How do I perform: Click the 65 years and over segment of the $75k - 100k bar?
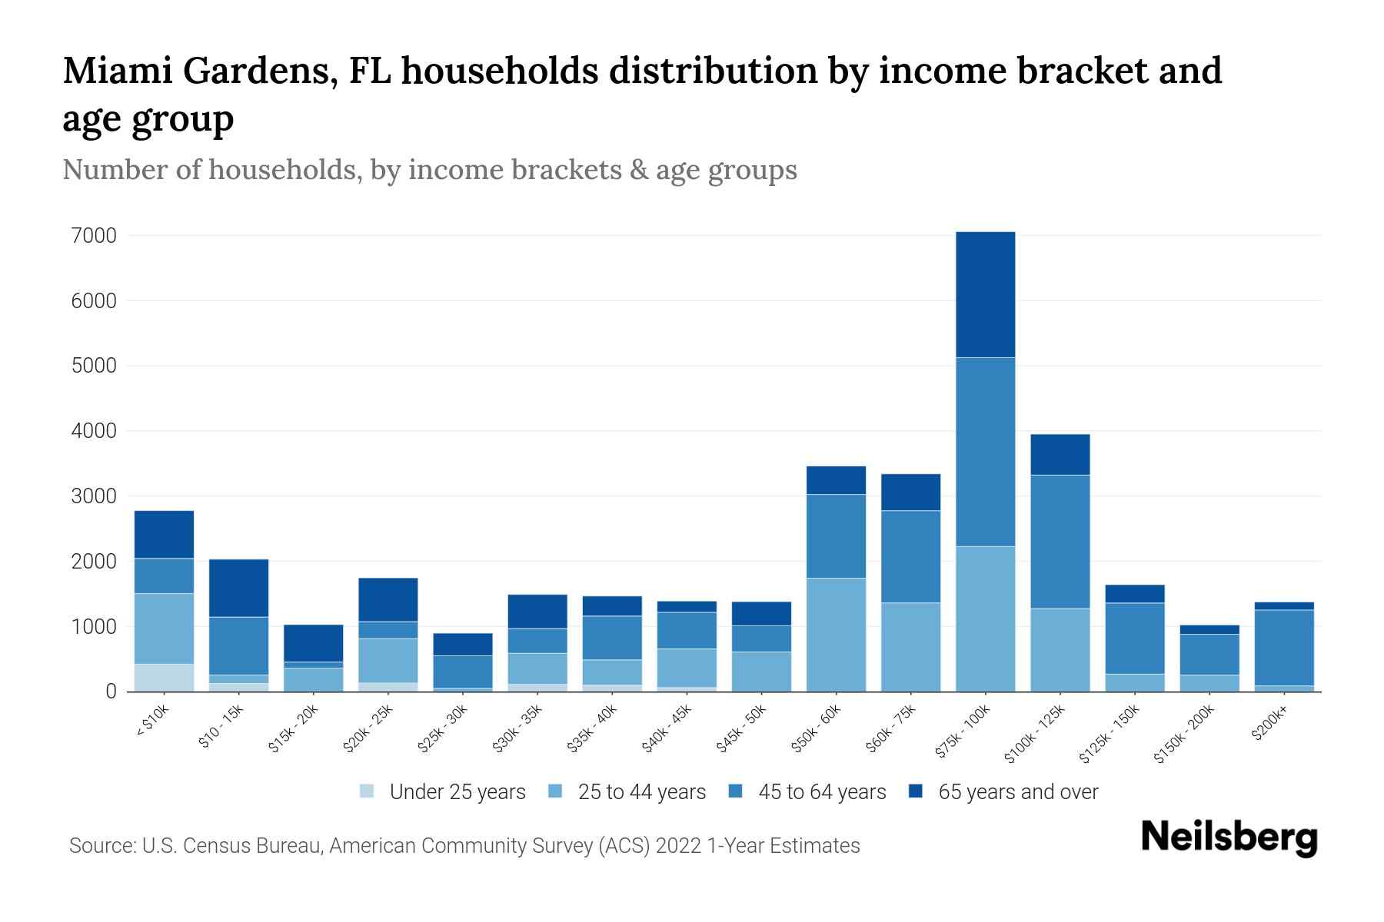(x=985, y=294)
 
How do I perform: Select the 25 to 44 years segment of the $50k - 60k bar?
(x=836, y=635)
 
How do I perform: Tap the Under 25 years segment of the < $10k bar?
(x=164, y=678)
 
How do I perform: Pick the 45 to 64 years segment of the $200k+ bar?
(x=1283, y=648)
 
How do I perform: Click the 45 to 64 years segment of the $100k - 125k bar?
(x=1060, y=542)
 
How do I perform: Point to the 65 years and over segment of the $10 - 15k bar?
(x=238, y=588)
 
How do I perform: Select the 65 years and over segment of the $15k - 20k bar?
(x=313, y=643)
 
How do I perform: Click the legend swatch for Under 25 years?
(x=368, y=791)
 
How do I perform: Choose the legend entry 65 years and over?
(x=1017, y=791)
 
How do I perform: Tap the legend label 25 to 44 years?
(x=641, y=791)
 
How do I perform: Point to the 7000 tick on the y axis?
(x=95, y=236)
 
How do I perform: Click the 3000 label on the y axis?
(x=95, y=496)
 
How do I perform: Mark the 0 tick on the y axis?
(x=111, y=691)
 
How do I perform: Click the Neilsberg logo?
(x=1229, y=837)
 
